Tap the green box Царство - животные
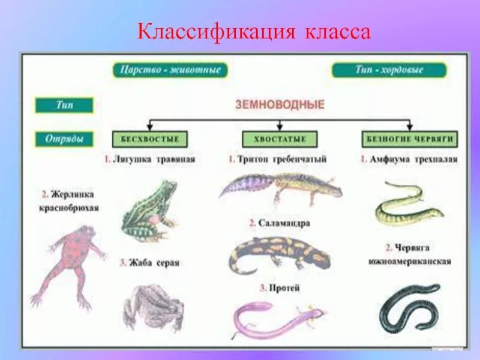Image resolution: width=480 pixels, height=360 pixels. point(170,70)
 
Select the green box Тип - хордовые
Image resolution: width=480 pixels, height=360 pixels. point(389,70)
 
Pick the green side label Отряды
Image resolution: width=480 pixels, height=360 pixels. point(64,139)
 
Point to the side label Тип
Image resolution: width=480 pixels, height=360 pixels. point(64,105)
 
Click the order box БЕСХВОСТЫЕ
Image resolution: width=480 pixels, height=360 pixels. point(150,139)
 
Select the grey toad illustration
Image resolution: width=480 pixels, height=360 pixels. point(153,306)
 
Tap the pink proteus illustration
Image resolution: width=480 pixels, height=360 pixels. point(276,318)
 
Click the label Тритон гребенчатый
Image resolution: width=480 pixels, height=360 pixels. point(277,160)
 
